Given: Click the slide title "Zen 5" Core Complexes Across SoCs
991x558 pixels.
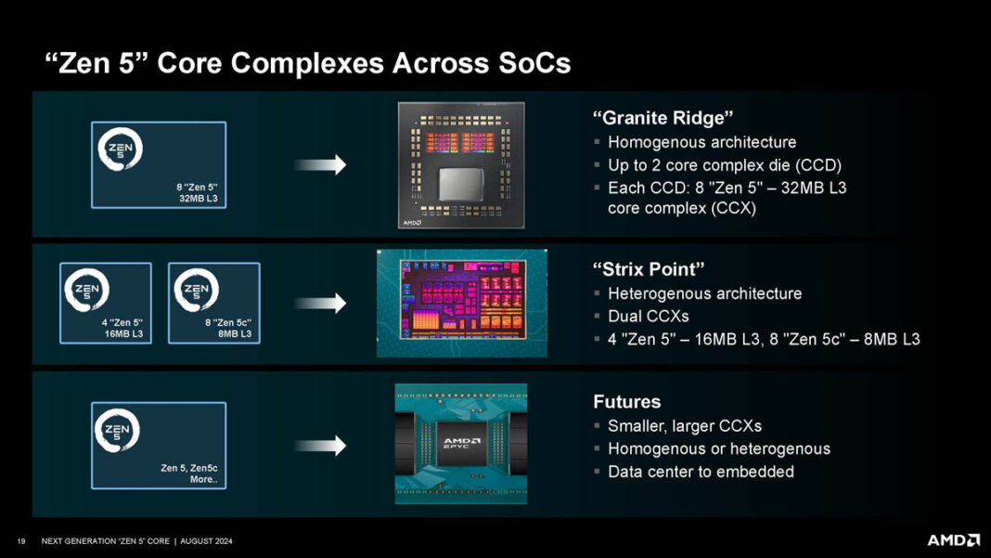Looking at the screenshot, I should click(307, 63).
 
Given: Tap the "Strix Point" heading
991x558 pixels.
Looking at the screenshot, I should click(649, 269).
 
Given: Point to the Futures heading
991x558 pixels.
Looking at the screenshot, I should click(627, 402).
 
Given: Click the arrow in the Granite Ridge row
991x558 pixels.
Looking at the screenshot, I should click(320, 165).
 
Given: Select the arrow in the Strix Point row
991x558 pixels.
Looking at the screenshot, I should click(320, 304).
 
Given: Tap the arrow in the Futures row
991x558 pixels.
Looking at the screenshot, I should click(320, 446).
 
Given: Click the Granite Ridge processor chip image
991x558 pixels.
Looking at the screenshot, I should click(461, 165).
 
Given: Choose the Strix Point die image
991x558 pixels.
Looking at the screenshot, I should click(461, 304).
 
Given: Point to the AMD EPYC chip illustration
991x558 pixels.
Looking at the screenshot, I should click(461, 444).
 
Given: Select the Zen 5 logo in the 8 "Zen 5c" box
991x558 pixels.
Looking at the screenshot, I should click(195, 292).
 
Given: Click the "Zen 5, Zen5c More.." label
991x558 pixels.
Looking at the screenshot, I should click(188, 474).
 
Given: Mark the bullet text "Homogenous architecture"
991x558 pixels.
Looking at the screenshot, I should click(701, 143).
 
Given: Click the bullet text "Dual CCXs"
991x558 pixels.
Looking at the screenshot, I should click(648, 317).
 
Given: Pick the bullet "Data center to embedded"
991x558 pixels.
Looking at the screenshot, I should click(701, 472).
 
